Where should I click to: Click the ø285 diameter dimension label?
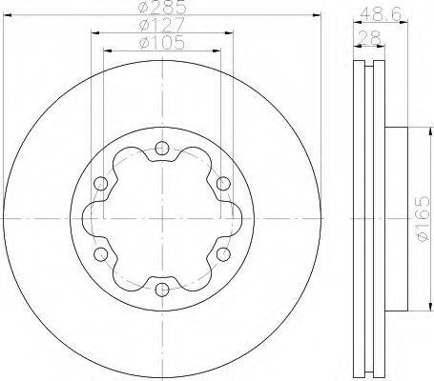coord(162,7)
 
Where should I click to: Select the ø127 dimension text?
coord(162,24)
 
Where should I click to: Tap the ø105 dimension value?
coord(162,43)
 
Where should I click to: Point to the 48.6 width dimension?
coord(381,14)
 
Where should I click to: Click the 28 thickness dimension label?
coord(369,38)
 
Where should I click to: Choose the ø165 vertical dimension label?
coord(423,218)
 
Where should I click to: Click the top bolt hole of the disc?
coord(162,148)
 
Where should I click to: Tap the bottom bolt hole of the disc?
coord(162,290)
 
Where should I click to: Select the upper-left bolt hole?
coord(101,183)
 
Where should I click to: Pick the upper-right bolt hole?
coord(223,184)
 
